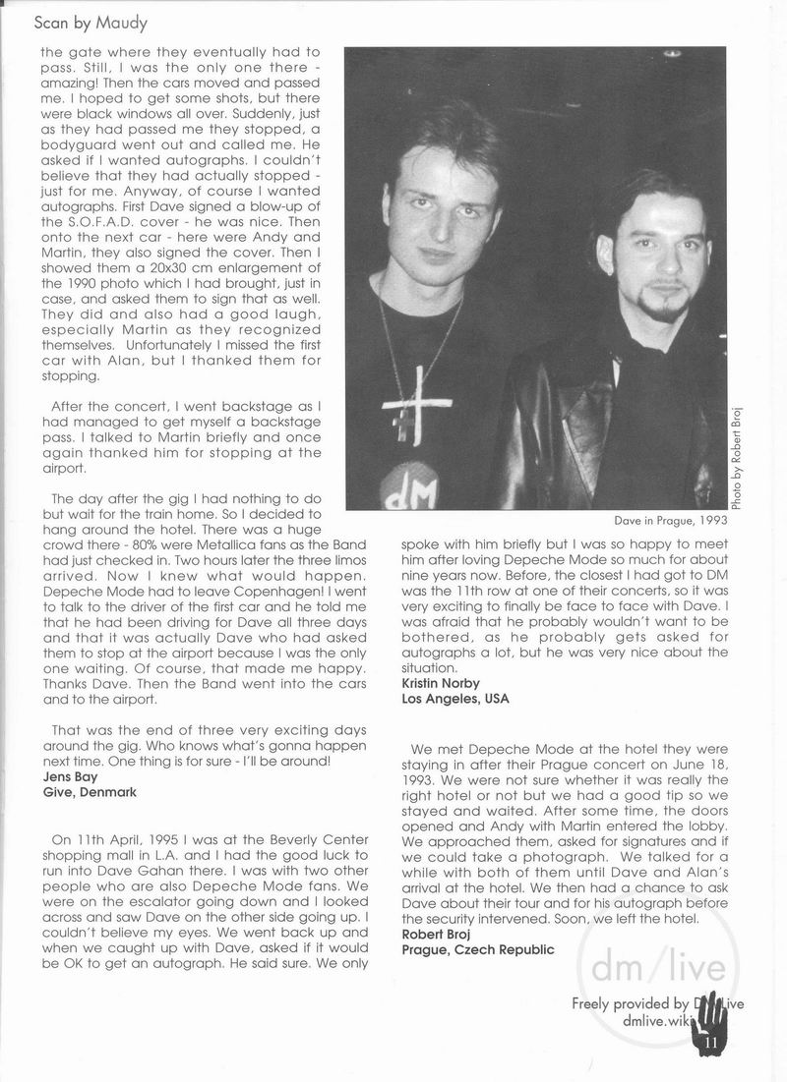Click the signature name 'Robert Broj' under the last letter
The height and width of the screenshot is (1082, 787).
(x=437, y=934)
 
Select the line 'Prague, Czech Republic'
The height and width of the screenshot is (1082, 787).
(x=477, y=950)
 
